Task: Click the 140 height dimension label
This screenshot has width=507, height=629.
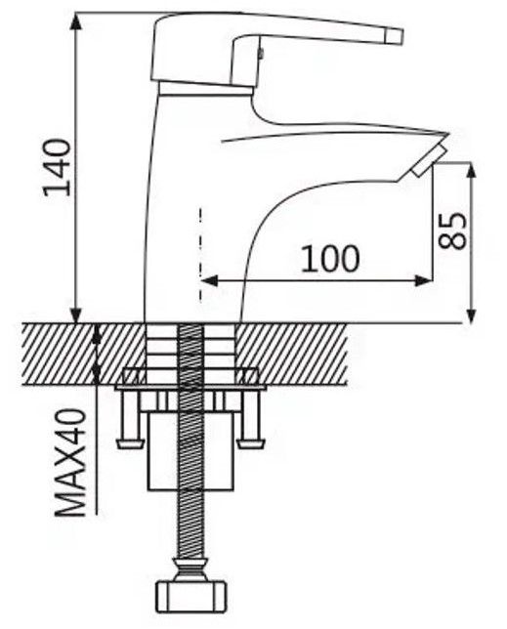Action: click(57, 167)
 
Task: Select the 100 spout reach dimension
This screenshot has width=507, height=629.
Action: click(330, 258)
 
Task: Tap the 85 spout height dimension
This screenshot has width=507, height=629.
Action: click(453, 231)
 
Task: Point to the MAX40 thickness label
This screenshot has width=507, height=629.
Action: click(71, 463)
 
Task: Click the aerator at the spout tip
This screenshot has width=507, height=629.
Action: click(429, 161)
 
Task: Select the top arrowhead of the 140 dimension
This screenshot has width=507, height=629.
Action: click(76, 22)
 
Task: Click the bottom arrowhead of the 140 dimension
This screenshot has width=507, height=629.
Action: click(76, 314)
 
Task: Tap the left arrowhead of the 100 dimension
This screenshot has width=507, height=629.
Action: click(209, 281)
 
